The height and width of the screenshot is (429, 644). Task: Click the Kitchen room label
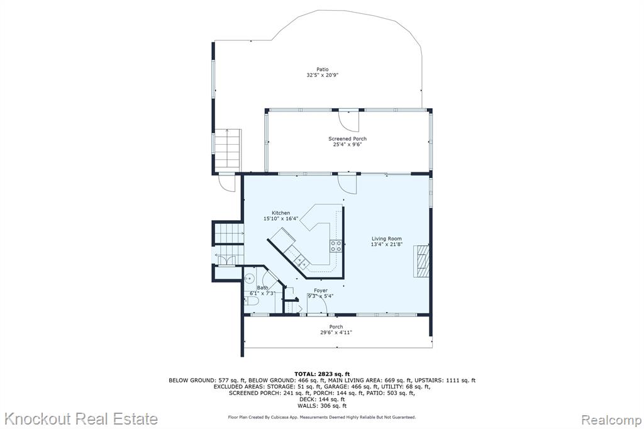(x=281, y=213)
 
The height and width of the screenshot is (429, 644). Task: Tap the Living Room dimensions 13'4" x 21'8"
(x=387, y=244)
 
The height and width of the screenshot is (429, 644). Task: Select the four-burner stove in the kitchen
(x=336, y=246)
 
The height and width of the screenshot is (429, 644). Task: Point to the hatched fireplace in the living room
(x=423, y=261)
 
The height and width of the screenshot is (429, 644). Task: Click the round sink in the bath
(x=249, y=278)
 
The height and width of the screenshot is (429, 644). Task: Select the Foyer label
(x=321, y=291)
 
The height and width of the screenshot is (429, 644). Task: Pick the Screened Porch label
(x=347, y=139)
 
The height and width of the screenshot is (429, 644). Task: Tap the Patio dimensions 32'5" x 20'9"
(x=323, y=75)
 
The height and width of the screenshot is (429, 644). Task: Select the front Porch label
(x=336, y=326)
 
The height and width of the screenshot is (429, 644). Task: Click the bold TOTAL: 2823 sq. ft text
(x=322, y=374)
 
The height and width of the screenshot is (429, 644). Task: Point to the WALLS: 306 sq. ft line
(x=322, y=406)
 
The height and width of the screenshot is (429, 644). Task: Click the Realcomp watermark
(x=611, y=420)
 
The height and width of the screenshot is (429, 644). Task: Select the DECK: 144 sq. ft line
(x=322, y=399)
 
